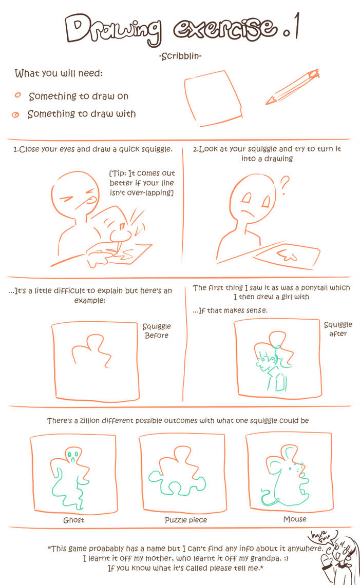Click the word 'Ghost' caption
[73, 520]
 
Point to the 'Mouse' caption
[294, 519]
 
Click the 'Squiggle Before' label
[157, 330]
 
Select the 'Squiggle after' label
[338, 329]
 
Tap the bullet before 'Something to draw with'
[16, 114]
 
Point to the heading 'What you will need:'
[59, 73]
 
